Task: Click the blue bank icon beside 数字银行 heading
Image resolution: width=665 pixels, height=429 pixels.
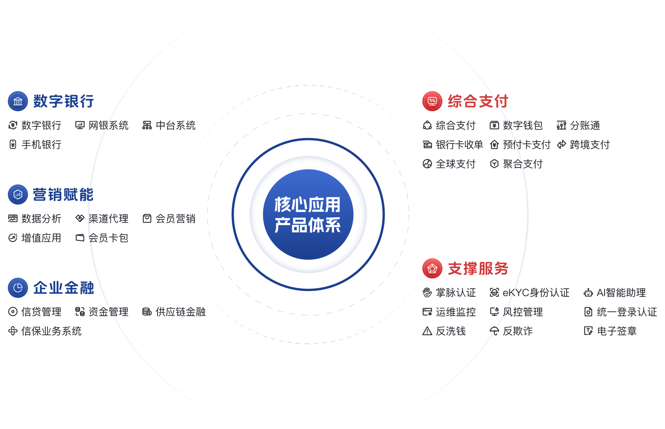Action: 18,101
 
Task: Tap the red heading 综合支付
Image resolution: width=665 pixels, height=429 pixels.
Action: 478,101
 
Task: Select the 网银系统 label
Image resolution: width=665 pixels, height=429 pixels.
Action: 108,125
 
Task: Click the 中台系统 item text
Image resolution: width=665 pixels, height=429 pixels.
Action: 176,125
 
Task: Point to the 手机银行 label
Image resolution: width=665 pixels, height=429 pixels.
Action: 41,145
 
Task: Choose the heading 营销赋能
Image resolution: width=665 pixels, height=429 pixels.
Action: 63,194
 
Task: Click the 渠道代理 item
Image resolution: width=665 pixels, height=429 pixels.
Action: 108,219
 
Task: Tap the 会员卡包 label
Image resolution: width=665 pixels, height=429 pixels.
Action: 108,238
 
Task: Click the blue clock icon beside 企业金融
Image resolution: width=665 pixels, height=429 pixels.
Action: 18,288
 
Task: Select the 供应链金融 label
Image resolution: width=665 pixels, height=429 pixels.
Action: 180,312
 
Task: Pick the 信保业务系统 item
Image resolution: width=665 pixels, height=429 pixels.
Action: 51,331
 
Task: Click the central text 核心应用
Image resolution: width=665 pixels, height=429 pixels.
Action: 308,204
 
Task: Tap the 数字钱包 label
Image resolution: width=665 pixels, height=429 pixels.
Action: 523,125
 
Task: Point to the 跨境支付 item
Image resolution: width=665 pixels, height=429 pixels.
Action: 590,145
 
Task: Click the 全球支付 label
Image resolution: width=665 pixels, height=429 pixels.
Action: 455,164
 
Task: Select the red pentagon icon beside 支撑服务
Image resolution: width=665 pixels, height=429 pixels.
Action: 432,268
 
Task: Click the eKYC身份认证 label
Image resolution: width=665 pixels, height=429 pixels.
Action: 536,293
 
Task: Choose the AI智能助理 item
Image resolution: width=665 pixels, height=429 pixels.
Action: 621,293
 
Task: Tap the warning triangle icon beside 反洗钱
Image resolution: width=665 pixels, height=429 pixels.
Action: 427,331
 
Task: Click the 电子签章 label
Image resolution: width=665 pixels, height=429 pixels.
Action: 617,331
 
